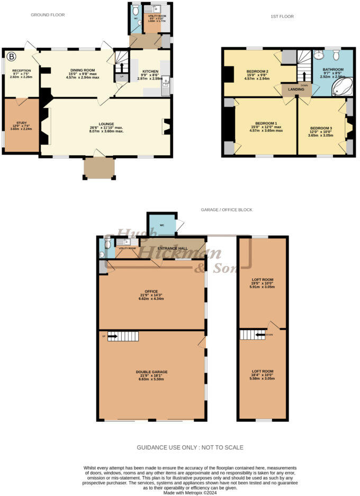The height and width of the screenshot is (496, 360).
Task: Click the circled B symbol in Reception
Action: coord(11,55)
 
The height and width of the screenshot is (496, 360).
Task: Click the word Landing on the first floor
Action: coord(295,89)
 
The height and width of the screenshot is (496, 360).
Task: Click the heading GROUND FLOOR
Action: coord(47,15)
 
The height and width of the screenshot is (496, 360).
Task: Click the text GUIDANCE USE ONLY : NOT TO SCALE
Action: coord(190,448)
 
